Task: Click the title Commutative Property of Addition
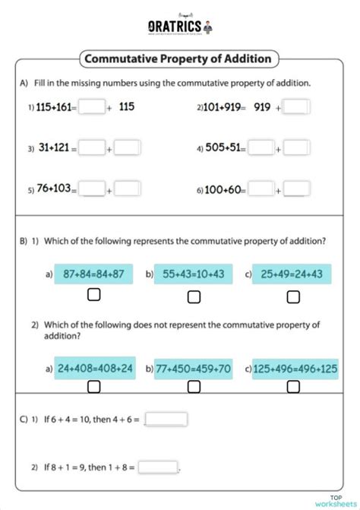179,59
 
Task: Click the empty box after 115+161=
92,107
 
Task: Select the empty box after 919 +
298,107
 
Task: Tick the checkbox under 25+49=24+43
292,295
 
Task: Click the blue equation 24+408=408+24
95,369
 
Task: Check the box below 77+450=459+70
194,387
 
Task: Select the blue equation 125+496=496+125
292,369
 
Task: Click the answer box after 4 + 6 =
166,419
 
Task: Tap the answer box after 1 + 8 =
158,467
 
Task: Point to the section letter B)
24,241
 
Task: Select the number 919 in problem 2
262,107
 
